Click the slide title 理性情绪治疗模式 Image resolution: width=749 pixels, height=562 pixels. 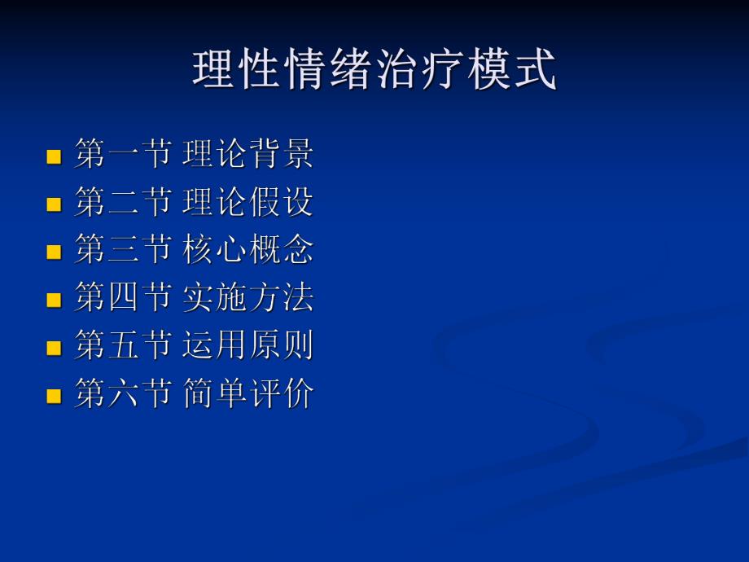point(374,70)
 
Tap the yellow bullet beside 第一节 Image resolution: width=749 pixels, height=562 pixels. point(55,156)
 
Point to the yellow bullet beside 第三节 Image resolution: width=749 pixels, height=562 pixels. point(55,252)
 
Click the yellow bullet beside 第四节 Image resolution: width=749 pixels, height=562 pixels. point(55,300)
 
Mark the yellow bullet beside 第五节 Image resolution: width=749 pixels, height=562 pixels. point(55,348)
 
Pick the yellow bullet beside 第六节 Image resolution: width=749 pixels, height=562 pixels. point(55,396)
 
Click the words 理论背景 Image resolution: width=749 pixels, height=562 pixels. point(248,155)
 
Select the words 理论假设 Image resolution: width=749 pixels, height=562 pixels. point(248,203)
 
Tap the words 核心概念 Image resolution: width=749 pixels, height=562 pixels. point(248,250)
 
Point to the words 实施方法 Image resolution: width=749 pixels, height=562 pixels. point(248,298)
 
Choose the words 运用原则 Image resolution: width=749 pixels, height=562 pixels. point(248,346)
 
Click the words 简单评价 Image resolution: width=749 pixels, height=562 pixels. point(248,394)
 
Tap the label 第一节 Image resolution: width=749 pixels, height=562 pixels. point(122,155)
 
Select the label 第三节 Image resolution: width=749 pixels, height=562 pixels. point(122,250)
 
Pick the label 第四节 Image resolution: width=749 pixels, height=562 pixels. point(122,298)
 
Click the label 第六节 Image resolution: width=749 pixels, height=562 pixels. point(122,394)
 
